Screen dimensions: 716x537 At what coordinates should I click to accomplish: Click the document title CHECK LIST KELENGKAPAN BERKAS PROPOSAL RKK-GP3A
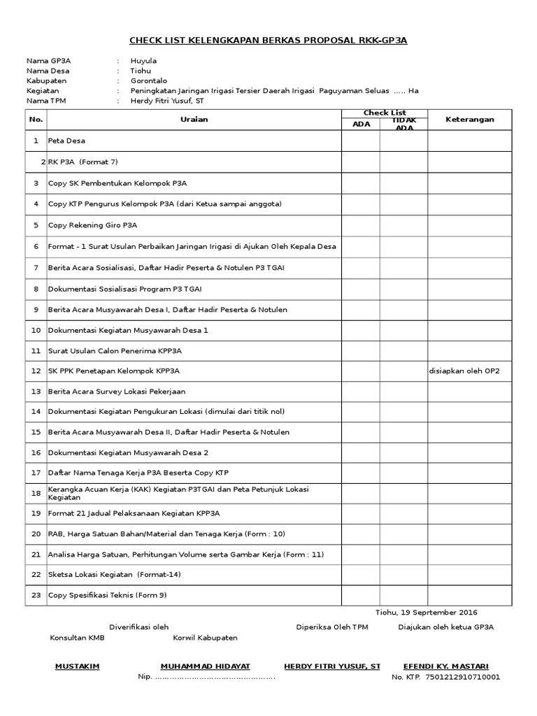coord(268,41)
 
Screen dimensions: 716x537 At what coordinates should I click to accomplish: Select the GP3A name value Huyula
coord(143,61)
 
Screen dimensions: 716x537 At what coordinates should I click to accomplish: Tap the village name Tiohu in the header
coord(141,71)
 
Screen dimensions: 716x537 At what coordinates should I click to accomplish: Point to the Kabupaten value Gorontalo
coord(148,80)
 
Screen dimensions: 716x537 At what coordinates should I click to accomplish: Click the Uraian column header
coord(194,120)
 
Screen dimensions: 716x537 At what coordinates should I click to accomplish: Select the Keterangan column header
coord(469,120)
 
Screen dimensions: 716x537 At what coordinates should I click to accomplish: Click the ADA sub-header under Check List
coord(361,124)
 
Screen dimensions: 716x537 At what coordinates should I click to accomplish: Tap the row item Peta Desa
coord(66,141)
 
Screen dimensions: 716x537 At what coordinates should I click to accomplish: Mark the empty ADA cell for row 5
coord(361,225)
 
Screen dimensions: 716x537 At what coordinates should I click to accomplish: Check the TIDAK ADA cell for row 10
coord(403,330)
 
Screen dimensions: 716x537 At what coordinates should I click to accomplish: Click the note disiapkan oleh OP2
coord(464,371)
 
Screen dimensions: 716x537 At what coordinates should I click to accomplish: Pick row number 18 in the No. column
coord(36,493)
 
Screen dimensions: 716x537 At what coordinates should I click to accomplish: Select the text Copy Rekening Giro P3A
coord(92,225)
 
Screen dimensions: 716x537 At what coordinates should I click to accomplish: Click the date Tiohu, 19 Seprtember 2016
coord(427,613)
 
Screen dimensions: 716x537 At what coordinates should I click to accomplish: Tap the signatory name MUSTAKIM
coord(77,666)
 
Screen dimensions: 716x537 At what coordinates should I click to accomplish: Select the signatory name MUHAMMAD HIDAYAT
coord(205,666)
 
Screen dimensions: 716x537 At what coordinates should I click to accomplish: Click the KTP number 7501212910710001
coord(457,677)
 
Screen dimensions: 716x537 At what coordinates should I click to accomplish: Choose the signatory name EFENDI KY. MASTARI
coord(446,666)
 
